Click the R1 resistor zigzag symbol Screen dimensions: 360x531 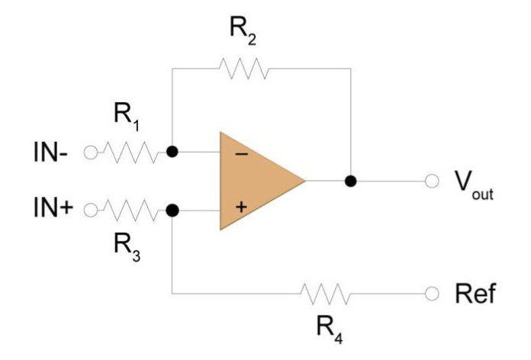[x=131, y=153]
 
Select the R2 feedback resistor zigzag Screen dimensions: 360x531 [x=243, y=69]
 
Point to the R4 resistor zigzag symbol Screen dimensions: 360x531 [x=326, y=293]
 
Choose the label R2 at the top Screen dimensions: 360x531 [x=243, y=31]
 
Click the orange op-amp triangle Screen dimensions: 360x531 [x=256, y=181]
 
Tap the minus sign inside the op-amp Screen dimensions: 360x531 [x=240, y=154]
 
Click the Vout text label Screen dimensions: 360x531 [x=473, y=183]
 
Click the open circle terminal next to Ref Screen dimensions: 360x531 [x=433, y=293]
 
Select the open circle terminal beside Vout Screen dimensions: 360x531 [x=433, y=181]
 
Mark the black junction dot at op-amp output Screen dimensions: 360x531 [x=350, y=181]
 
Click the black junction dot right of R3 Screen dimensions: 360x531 [x=172, y=209]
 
